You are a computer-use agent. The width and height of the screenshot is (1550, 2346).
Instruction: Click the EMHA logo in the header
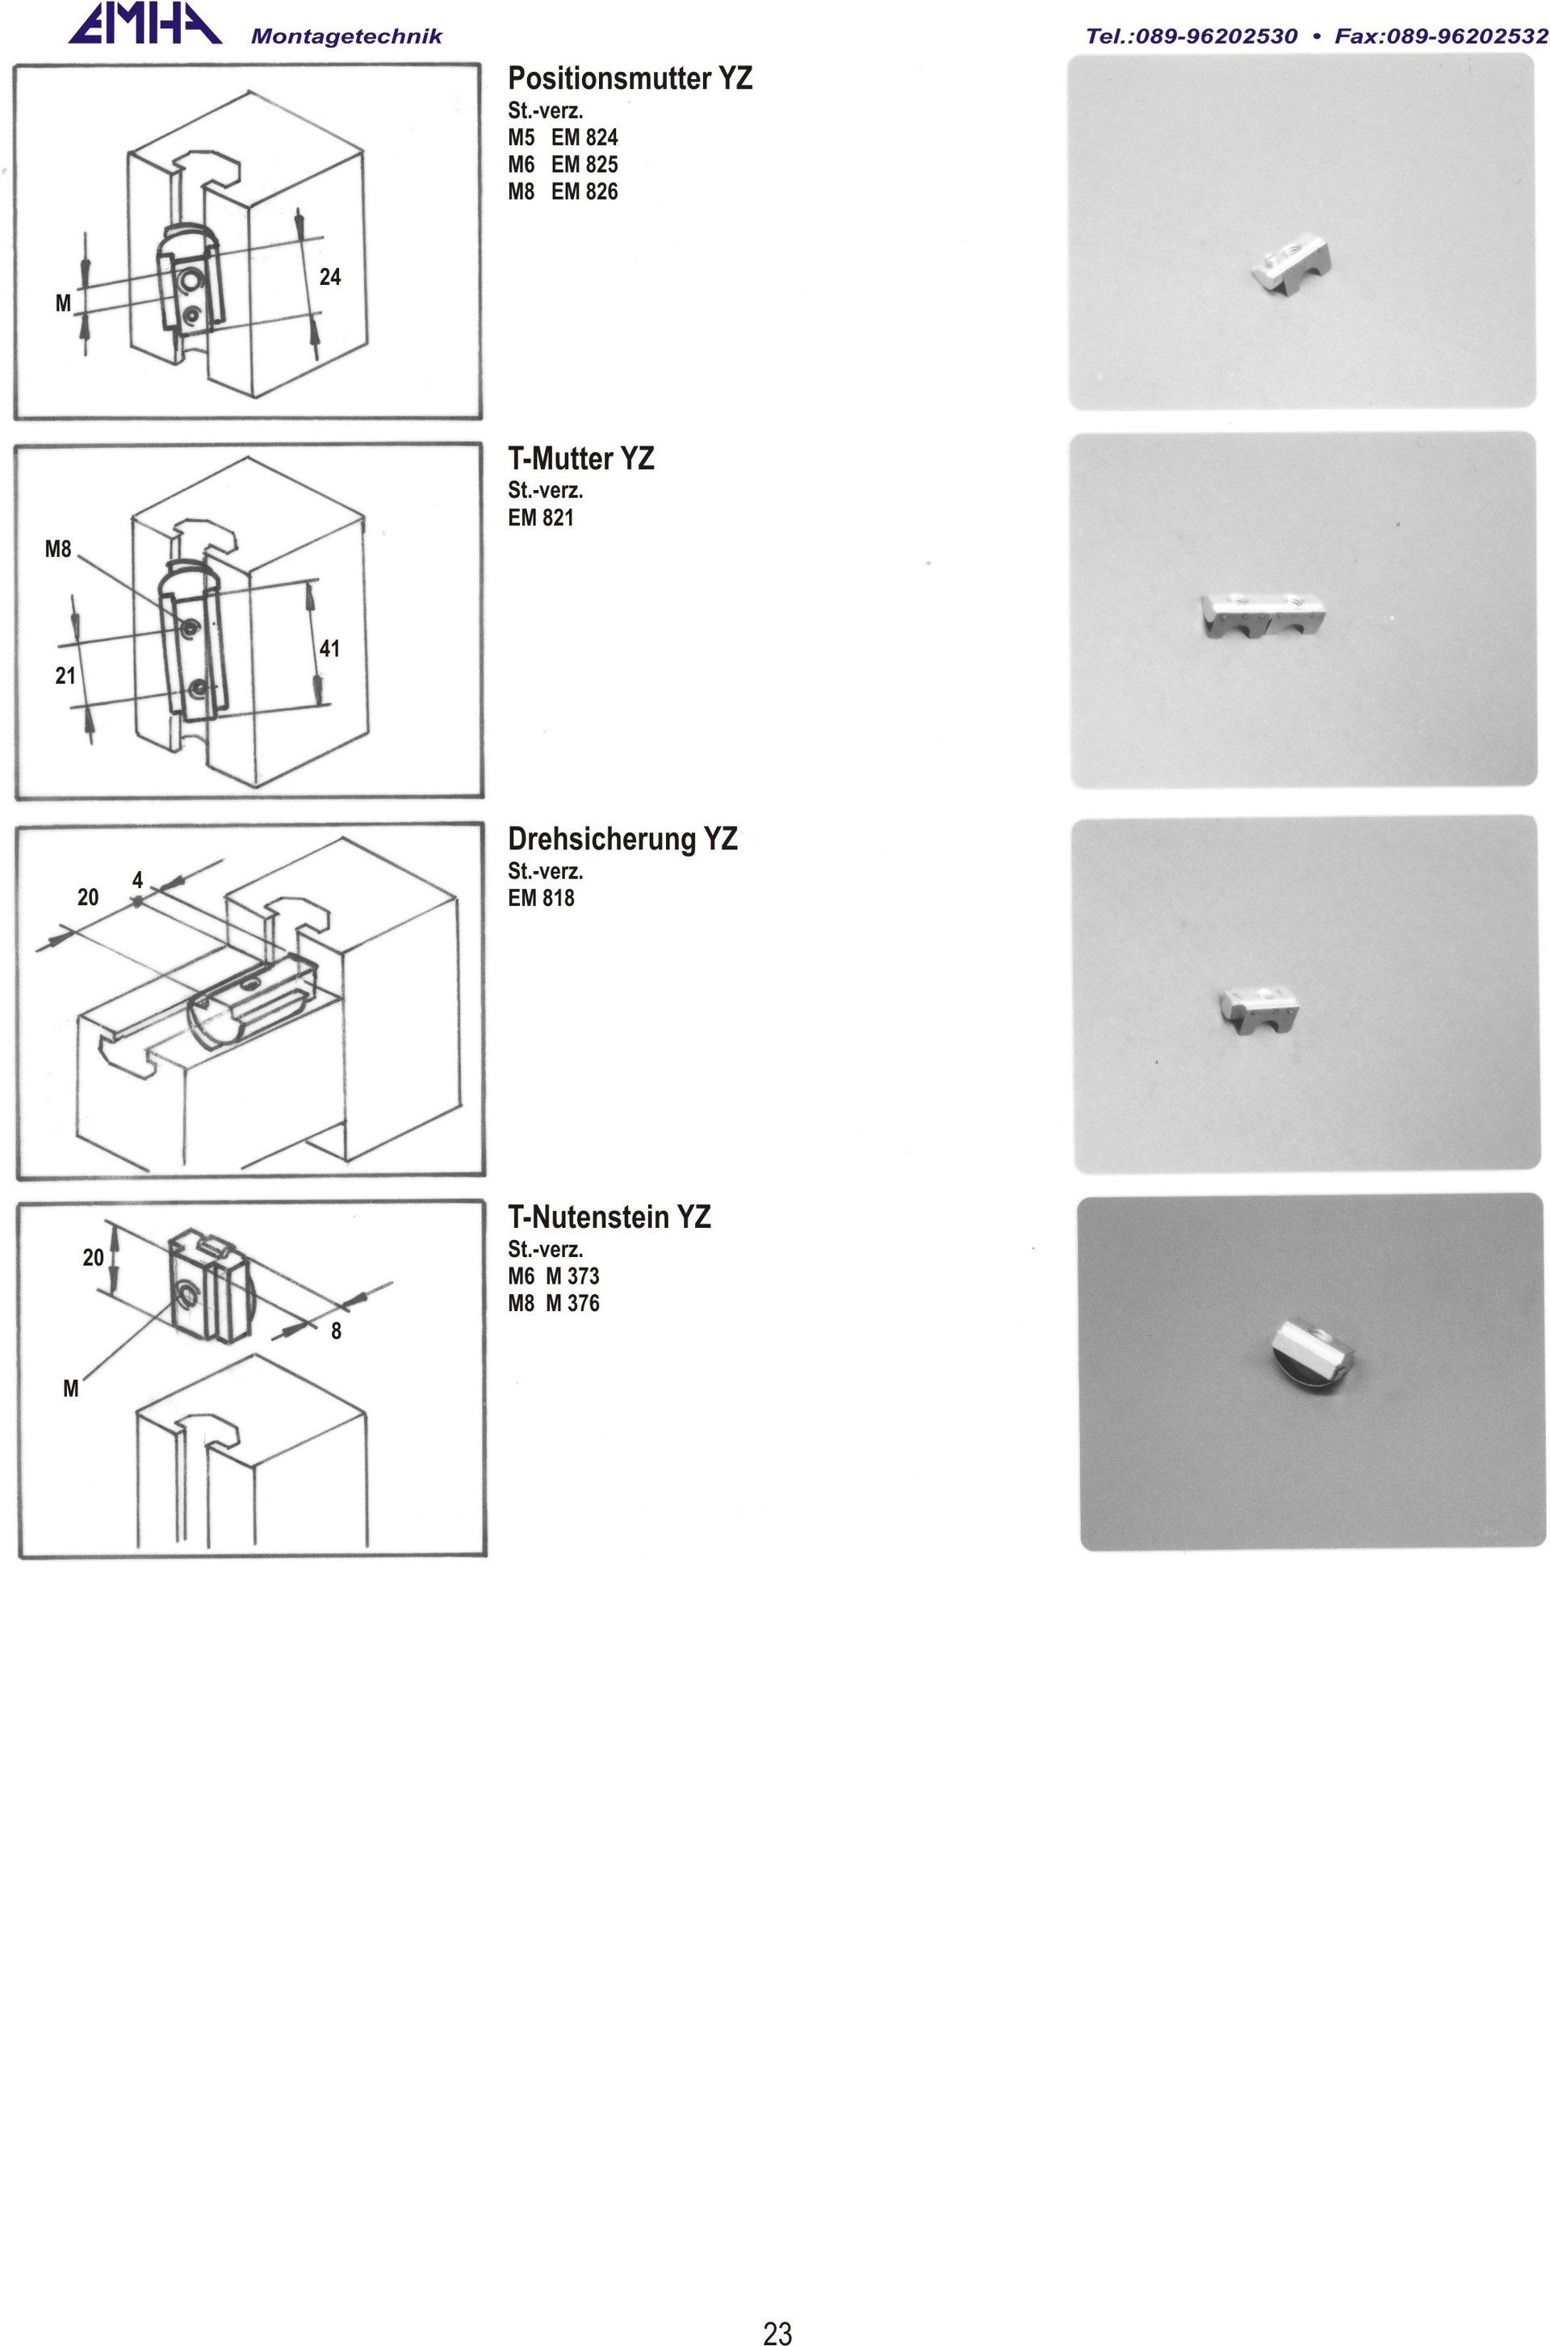145,23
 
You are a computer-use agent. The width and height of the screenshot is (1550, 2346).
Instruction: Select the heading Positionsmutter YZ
630,78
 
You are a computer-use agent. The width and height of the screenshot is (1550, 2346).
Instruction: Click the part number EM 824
584,137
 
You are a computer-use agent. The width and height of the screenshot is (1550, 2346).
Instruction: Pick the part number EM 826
584,192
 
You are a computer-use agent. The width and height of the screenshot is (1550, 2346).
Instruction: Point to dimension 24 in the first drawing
330,277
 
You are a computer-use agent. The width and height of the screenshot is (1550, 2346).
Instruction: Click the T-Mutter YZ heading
581,459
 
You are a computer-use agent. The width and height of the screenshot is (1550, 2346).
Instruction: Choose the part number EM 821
541,517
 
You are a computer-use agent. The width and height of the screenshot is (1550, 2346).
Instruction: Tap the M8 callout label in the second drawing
58,549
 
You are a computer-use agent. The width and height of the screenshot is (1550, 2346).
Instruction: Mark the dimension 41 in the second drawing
329,648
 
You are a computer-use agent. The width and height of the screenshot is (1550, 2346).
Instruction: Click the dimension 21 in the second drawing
65,677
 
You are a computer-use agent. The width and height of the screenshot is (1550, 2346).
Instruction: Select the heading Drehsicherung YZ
622,840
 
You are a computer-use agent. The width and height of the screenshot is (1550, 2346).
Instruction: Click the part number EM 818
541,898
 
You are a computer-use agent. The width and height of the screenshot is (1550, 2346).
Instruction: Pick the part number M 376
572,1303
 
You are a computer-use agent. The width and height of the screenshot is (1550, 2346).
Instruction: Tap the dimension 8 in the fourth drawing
336,1332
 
